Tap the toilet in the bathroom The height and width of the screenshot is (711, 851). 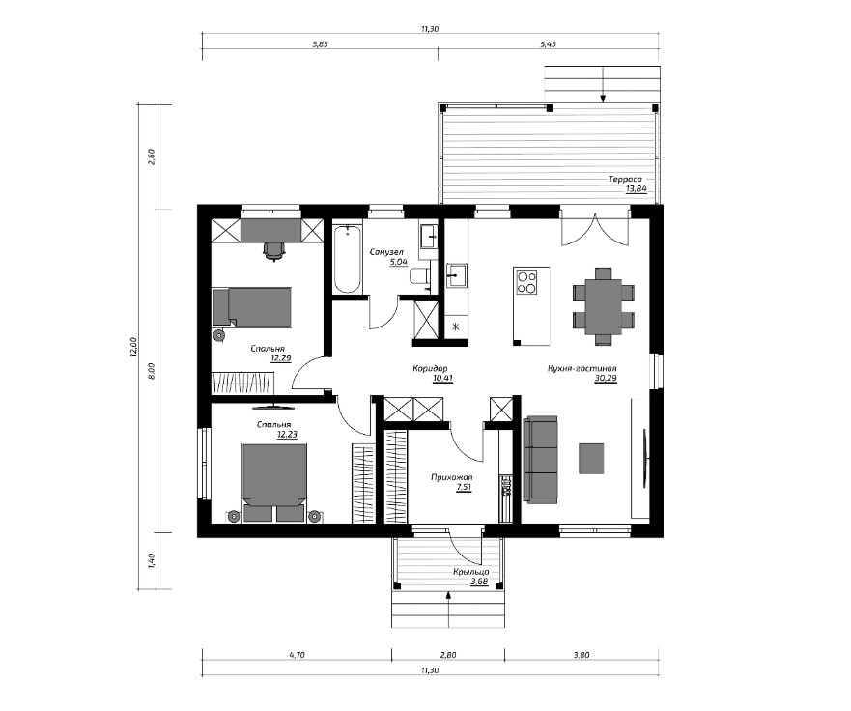419,276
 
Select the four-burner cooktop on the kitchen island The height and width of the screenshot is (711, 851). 525,282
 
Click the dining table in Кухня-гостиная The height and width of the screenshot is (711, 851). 603,306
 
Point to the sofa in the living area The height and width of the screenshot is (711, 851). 541,460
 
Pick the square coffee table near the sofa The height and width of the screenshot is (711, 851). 591,458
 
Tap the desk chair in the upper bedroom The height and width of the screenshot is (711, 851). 274,251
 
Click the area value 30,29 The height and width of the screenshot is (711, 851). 606,379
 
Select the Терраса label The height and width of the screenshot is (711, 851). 625,179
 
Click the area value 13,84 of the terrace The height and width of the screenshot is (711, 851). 637,189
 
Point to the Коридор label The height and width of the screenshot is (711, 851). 430,368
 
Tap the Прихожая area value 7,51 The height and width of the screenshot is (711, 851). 464,487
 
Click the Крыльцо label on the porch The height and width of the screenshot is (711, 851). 471,572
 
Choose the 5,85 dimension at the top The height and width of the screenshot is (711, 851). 320,44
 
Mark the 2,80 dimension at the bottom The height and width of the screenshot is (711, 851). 448,655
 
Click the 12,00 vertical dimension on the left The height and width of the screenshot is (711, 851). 133,346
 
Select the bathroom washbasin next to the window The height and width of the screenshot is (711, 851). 429,236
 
